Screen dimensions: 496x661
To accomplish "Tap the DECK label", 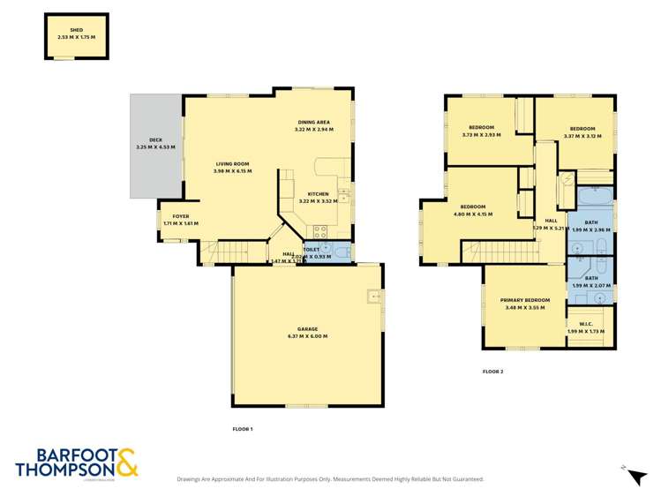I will coord(155,140).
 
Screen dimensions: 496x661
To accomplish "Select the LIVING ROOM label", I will coord(232,164).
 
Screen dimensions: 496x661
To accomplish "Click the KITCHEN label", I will coord(318,194).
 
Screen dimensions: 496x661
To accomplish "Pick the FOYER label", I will coord(180,216).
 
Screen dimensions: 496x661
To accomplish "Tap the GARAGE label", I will coord(307,328).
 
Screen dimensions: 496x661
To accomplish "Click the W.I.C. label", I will coord(590,324).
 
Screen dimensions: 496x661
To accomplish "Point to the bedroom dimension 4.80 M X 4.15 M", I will coord(472,214).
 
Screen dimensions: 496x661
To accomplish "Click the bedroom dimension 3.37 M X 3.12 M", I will coord(582,136).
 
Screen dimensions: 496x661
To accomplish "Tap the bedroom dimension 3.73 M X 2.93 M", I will coord(481,135).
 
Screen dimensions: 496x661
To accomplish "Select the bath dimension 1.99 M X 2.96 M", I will coord(591,229).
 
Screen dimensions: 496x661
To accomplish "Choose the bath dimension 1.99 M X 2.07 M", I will coord(591,285).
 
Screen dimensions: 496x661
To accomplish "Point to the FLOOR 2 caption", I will coord(492,372).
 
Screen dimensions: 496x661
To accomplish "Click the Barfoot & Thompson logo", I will coord(77,462).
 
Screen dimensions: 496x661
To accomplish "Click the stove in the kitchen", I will coord(319,233).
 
